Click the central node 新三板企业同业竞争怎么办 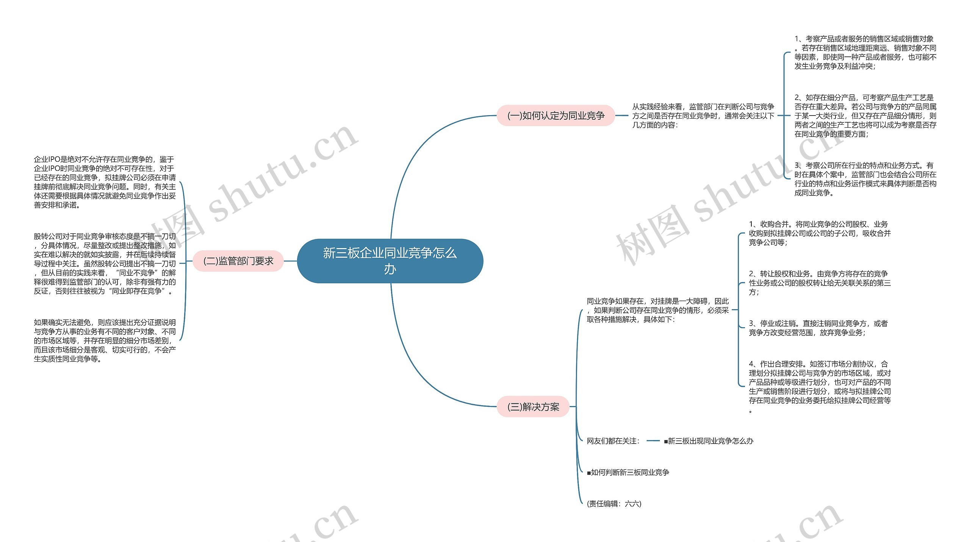pos(390,261)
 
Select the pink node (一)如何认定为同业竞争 pos(555,116)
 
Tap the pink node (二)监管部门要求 pos(238,261)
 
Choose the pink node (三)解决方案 pos(533,407)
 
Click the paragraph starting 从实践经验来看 pos(703,116)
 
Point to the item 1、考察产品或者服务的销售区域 pos(865,53)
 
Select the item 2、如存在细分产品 pos(865,116)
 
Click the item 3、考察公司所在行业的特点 pos(865,179)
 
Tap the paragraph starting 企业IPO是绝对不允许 pos(105,182)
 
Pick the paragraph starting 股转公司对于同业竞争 pos(105,264)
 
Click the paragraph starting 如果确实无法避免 pos(105,341)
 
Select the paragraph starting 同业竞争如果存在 pos(657,310)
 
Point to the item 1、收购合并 pos(820,233)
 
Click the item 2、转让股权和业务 pos(820,283)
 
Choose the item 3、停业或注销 pos(818,328)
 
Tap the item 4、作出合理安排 pos(820,387)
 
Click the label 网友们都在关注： pos(613,441)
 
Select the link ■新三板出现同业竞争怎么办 pos(709,441)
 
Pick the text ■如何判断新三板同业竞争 pos(628,472)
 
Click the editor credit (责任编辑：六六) pos(614,504)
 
